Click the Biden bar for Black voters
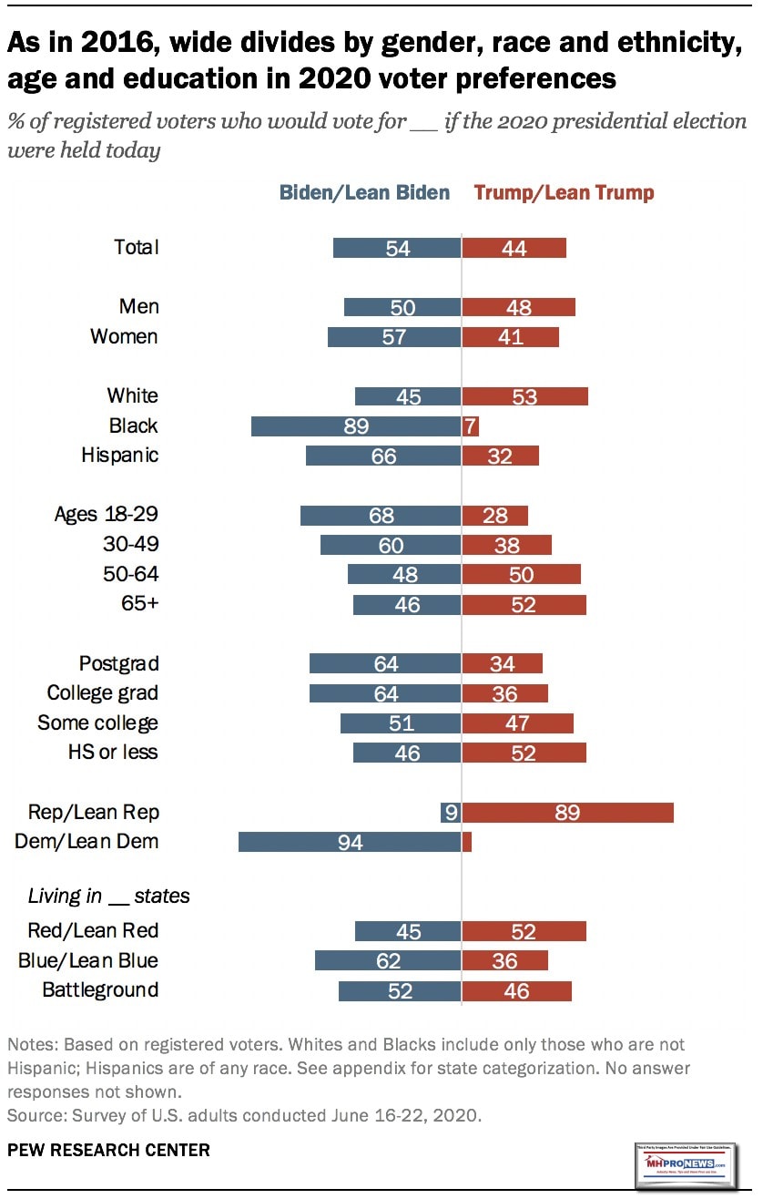[356, 425]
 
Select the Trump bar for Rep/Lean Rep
[567, 812]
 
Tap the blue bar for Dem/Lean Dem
[350, 842]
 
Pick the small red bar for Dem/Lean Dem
[467, 842]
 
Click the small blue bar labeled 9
[451, 812]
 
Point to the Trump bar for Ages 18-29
[495, 515]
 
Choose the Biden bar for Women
[394, 337]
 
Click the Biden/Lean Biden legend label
[364, 192]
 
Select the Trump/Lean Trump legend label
[564, 192]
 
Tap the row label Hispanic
[119, 455]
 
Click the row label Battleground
[100, 989]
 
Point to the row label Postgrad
[118, 663]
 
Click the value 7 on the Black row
[471, 425]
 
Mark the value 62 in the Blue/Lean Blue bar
[387, 961]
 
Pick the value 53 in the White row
[524, 396]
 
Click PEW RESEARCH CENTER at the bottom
[108, 1150]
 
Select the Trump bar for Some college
[518, 723]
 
